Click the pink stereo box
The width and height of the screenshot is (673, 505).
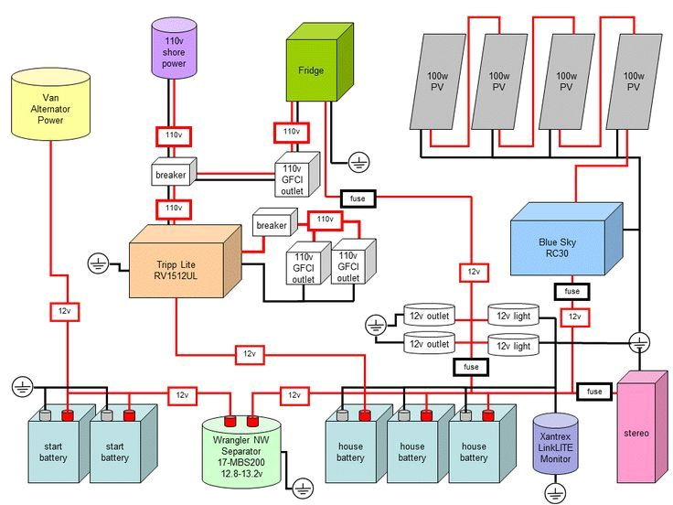[x=642, y=430]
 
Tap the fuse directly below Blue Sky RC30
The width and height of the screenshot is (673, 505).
[x=571, y=291]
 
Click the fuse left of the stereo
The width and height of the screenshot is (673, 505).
[x=594, y=391]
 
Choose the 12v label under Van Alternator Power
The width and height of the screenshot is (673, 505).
[x=61, y=310]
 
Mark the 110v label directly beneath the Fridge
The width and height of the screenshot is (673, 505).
[x=292, y=132]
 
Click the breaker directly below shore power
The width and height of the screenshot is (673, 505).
[x=171, y=174]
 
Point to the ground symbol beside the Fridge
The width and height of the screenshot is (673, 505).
[x=359, y=163]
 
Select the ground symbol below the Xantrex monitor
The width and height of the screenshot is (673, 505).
[x=552, y=494]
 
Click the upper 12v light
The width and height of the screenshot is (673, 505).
[x=514, y=317]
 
